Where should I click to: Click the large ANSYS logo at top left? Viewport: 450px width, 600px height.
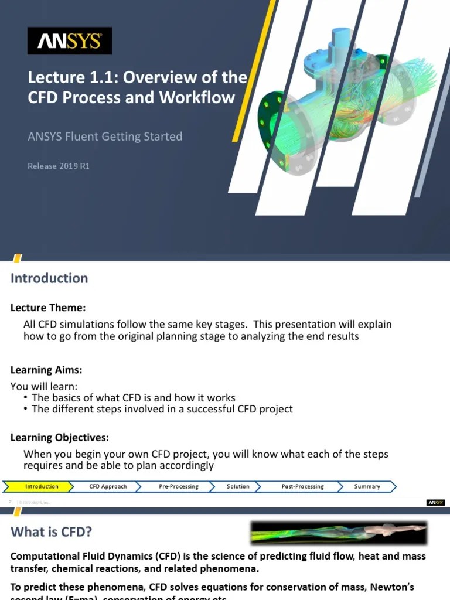(70, 41)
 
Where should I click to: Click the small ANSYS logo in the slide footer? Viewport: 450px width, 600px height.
(436, 502)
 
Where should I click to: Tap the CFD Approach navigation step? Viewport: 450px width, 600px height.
(108, 486)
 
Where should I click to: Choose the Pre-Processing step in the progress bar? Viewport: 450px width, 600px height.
(178, 486)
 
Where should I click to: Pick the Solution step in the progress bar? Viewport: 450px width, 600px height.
(238, 486)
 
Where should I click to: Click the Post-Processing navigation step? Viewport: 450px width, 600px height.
(302, 486)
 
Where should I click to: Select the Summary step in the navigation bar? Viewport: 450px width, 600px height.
(367, 486)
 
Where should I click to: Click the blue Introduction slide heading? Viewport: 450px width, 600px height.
(49, 278)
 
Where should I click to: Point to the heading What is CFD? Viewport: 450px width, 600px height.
(51, 532)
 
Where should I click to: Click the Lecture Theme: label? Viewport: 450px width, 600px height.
(48, 308)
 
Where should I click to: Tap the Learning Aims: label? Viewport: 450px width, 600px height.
(46, 370)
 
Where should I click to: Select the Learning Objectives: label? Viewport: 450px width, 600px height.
(59, 438)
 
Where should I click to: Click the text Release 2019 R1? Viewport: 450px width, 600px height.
(59, 166)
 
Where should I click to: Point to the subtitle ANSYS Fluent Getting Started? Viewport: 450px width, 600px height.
(105, 137)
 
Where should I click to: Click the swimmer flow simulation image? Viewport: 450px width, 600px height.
(339, 533)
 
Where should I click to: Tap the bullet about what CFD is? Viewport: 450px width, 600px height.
(133, 397)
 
